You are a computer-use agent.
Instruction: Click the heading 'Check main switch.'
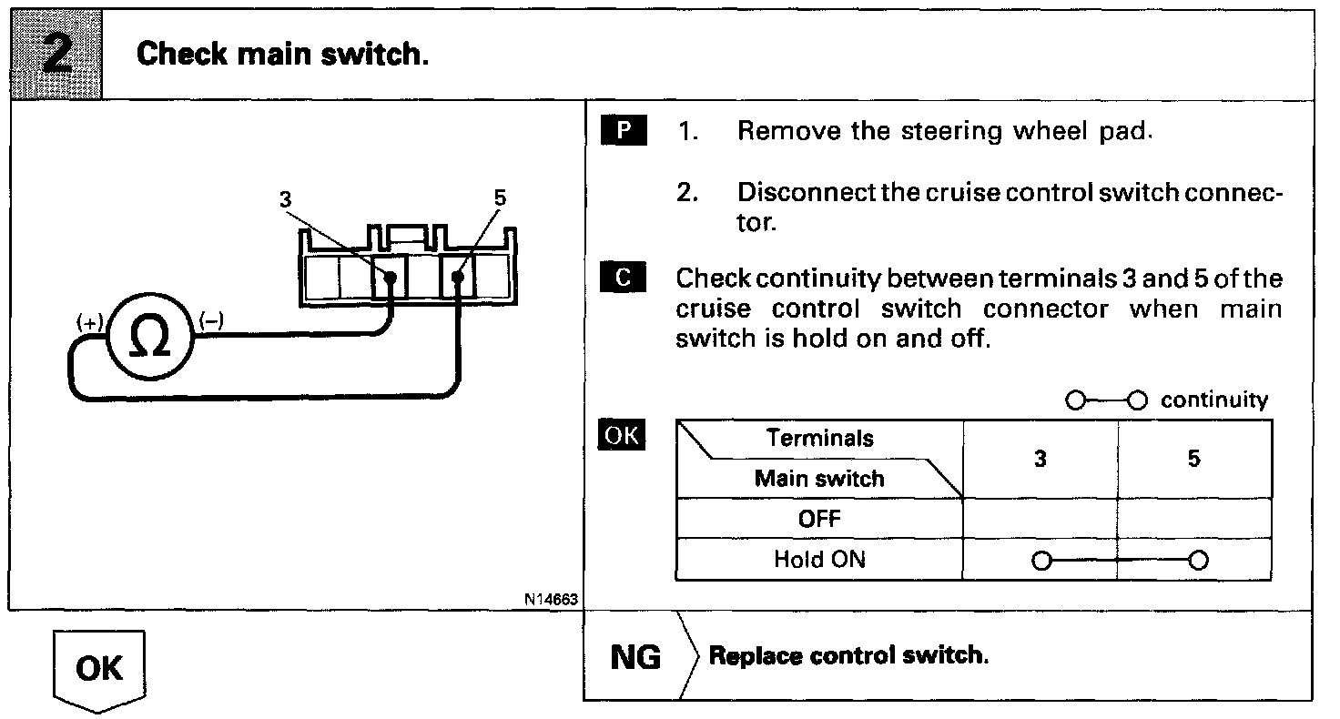[x=282, y=55]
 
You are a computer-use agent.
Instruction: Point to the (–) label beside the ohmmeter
[x=212, y=320]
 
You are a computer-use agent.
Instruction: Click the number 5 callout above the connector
[x=499, y=199]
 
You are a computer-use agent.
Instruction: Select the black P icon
[x=624, y=131]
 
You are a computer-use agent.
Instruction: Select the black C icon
[x=624, y=278]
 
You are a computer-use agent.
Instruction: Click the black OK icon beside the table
[x=622, y=436]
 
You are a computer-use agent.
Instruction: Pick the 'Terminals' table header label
[x=819, y=438]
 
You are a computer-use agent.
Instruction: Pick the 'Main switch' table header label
[x=818, y=479]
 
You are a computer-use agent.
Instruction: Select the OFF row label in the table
[x=819, y=519]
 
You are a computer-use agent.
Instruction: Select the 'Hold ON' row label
[x=819, y=559]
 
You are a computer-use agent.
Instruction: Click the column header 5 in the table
[x=1193, y=459]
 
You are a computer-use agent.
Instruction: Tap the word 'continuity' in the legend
[x=1213, y=400]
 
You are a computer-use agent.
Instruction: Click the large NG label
[x=635, y=656]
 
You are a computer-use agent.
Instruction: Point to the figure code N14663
[x=550, y=599]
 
